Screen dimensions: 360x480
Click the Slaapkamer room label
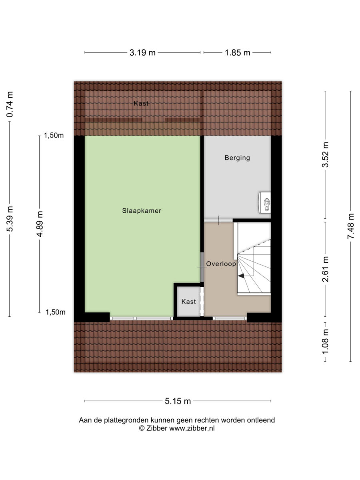coord(142,210)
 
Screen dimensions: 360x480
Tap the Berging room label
coord(237,158)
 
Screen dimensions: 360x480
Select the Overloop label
coord(221,264)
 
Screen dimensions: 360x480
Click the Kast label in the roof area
coord(141,103)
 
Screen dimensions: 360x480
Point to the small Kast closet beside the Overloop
coord(189,302)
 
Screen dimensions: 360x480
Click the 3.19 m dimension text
coord(142,53)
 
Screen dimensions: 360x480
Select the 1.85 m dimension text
coord(237,53)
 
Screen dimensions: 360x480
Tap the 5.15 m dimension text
coord(178,401)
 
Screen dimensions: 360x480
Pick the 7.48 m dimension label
coord(351,226)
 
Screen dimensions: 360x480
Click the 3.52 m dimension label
coord(326,155)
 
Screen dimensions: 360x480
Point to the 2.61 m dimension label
coord(326,269)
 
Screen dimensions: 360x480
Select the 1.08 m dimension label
coord(326,341)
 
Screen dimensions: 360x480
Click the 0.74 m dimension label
coord(10,104)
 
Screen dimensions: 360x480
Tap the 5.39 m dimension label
coord(10,219)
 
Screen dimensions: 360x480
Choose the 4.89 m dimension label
coord(40,224)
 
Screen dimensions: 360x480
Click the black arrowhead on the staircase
coord(241,276)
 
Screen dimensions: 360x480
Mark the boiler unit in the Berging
coord(265,202)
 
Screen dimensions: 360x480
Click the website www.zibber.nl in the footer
coord(192,428)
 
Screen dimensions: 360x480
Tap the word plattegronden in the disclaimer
coord(126,420)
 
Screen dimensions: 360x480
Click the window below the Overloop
coord(230,318)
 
